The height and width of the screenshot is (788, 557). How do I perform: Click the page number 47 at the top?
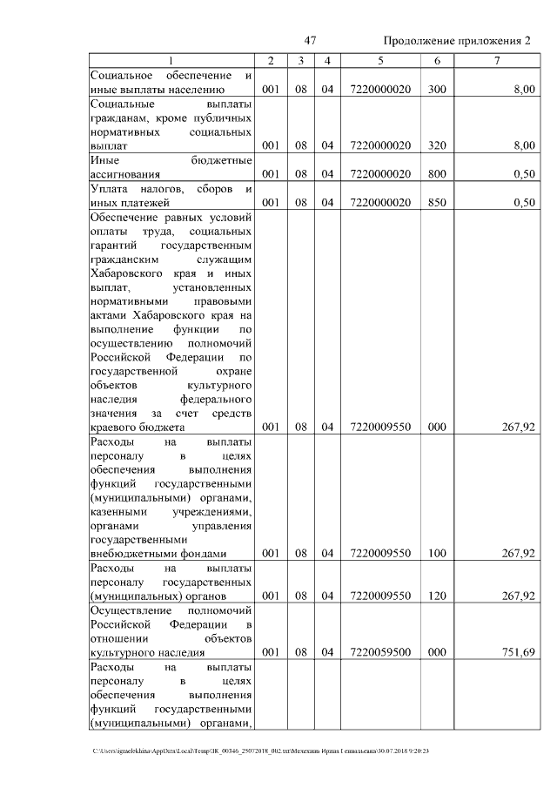pyautogui.click(x=311, y=41)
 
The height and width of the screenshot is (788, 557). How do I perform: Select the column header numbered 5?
pyautogui.click(x=379, y=61)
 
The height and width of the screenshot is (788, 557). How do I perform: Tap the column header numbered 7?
pyautogui.click(x=496, y=61)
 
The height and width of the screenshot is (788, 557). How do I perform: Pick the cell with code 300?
pyautogui.click(x=437, y=89)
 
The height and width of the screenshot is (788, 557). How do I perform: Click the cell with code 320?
pyautogui.click(x=437, y=145)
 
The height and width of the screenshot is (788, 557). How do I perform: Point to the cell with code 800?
pyautogui.click(x=437, y=174)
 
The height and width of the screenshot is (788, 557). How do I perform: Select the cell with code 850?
pyautogui.click(x=437, y=203)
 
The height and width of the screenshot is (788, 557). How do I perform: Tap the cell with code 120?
pyautogui.click(x=437, y=596)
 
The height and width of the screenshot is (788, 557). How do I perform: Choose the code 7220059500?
pyautogui.click(x=379, y=652)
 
